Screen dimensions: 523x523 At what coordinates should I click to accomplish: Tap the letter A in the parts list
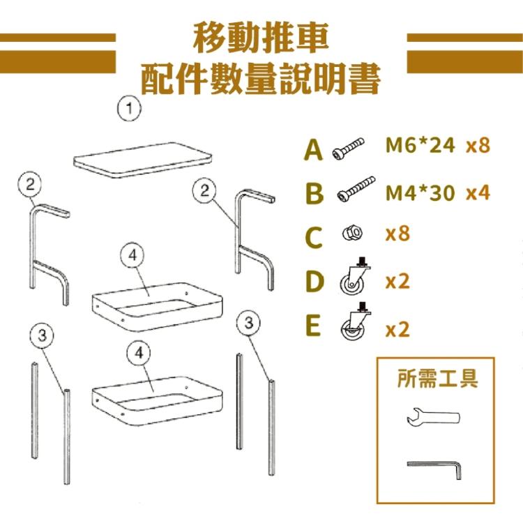314,150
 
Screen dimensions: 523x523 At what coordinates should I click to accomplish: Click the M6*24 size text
420,146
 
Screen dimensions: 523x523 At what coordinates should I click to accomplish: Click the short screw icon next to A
348,149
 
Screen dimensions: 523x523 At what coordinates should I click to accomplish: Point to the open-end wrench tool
432,417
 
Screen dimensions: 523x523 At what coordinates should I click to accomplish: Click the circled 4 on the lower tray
139,353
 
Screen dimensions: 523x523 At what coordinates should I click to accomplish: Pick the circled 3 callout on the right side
248,323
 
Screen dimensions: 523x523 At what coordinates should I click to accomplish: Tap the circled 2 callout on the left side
30,185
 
